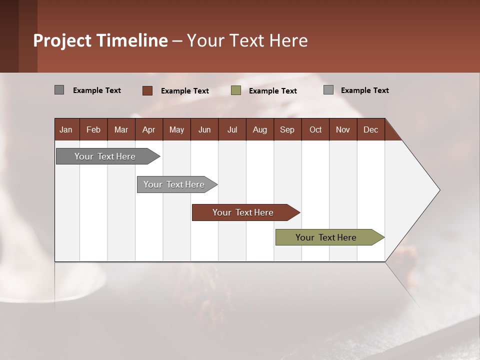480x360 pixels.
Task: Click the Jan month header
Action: (66, 129)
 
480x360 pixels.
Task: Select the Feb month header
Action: (93, 129)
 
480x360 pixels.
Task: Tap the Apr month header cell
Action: (149, 129)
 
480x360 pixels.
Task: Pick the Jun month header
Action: (204, 129)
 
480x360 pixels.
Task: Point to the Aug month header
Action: (260, 129)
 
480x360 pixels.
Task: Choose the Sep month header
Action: (287, 129)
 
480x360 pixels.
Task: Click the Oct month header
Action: (315, 129)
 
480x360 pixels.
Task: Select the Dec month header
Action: (371, 129)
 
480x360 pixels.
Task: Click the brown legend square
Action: (147, 90)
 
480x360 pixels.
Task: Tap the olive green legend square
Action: (236, 90)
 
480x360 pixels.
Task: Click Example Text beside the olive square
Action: (273, 91)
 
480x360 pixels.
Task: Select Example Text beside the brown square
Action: (185, 91)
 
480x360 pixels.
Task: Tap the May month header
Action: (176, 129)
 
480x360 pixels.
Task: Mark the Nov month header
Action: (343, 129)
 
